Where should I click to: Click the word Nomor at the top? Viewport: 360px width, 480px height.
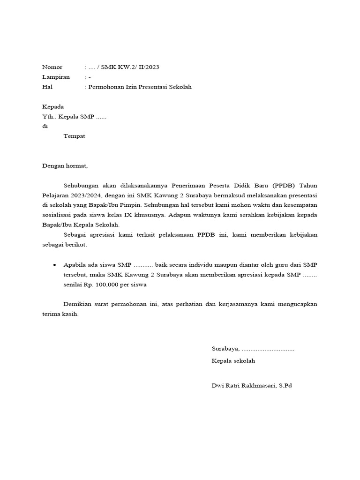(x=52, y=67)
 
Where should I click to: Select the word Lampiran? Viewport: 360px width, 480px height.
(x=56, y=77)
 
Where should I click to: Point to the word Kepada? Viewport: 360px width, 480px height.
(x=53, y=106)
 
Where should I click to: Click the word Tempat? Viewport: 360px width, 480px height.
(x=75, y=136)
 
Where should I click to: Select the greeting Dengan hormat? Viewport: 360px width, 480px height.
(x=65, y=165)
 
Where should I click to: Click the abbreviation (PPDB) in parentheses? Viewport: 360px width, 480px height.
(x=285, y=185)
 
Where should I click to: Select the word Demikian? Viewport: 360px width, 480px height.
(x=78, y=304)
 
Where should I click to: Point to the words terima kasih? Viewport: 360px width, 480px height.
(x=60, y=314)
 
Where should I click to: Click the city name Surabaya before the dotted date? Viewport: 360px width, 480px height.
(x=225, y=349)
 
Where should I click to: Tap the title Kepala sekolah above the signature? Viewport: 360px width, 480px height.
(x=233, y=361)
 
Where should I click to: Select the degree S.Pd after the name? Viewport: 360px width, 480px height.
(x=285, y=386)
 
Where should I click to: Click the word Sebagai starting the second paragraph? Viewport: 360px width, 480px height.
(x=75, y=234)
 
